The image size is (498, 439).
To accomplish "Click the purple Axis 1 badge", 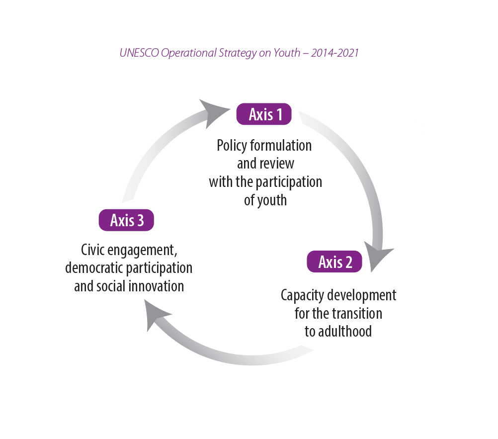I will click(x=263, y=114).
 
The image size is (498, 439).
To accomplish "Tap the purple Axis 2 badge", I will click(x=334, y=262).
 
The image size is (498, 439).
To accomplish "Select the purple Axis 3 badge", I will click(x=126, y=220).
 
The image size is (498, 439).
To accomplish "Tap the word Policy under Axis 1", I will click(x=232, y=145).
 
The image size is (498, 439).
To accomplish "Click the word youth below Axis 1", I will click(x=273, y=200).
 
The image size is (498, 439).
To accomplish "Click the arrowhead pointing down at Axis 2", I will click(x=379, y=254).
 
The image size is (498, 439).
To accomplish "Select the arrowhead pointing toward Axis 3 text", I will click(x=157, y=316).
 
